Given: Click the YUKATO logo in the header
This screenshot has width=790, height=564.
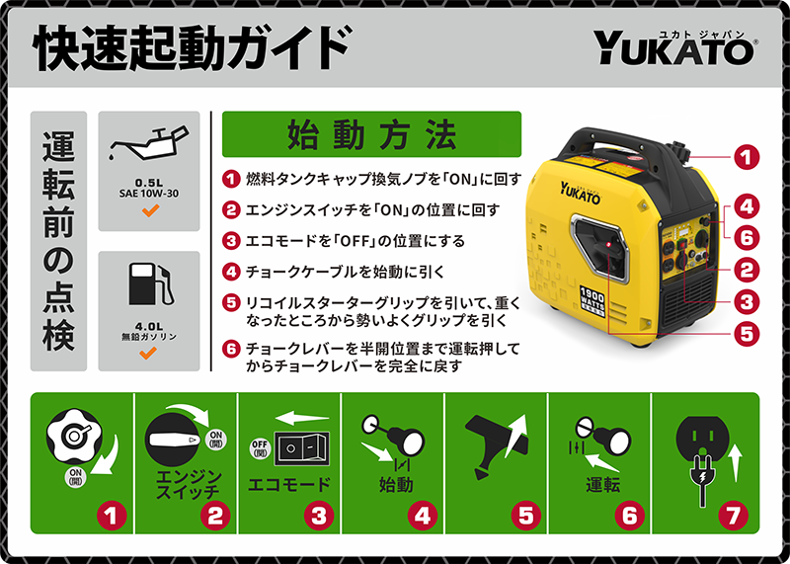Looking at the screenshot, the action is (674, 47).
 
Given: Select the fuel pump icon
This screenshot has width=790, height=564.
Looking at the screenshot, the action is (151, 284).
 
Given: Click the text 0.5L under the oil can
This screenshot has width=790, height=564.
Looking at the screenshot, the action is (149, 182).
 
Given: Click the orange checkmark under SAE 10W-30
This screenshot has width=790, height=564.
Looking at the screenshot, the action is (150, 210).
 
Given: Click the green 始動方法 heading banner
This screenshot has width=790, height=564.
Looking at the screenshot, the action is (371, 134).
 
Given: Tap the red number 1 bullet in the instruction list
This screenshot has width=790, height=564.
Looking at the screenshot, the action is (231, 180).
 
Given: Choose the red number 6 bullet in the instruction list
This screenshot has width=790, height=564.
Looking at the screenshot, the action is (231, 349).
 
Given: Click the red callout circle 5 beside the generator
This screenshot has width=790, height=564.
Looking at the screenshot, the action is (747, 333).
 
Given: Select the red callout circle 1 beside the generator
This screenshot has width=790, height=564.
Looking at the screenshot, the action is (747, 157).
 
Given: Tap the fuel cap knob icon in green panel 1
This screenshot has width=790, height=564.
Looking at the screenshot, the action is (74, 437).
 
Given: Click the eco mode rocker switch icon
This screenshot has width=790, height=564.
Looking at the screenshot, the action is (301, 448).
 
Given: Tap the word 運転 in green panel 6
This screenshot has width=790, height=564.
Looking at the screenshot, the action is (603, 484).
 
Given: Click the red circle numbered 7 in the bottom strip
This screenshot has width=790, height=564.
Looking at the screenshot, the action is (733, 516).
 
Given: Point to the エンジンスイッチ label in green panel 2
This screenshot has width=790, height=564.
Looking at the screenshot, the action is (188, 483).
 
